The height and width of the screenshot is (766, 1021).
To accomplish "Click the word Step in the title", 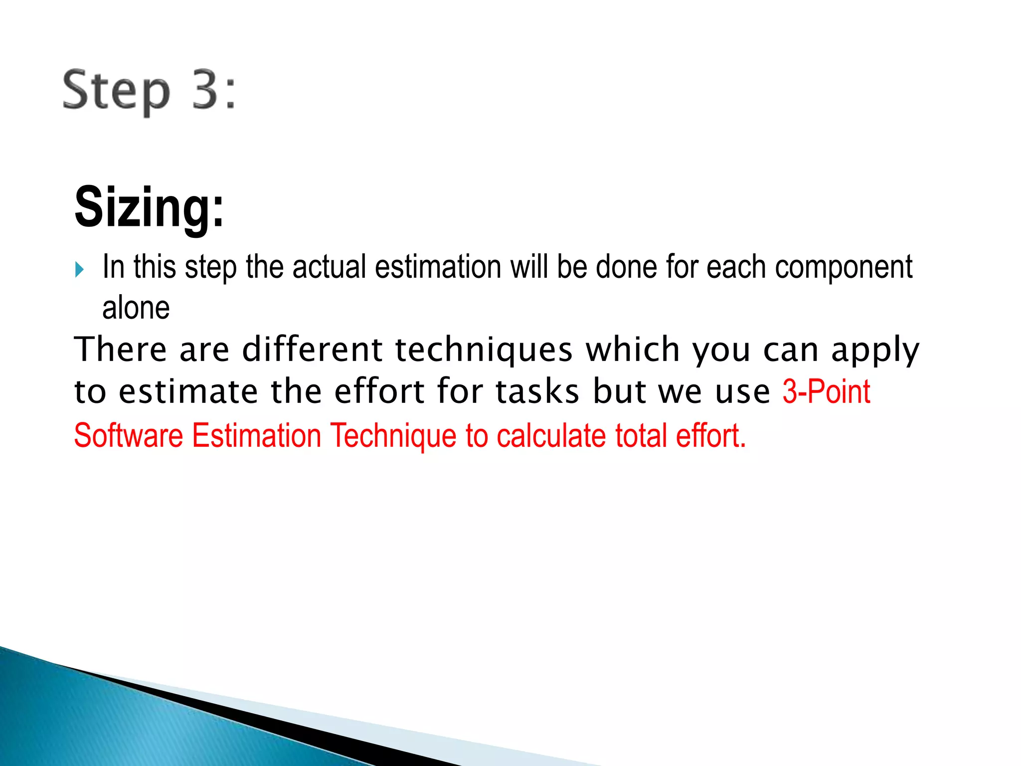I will (116, 91).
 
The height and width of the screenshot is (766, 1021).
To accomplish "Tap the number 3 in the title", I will (206, 90).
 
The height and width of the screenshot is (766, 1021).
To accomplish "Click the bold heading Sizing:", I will (149, 207).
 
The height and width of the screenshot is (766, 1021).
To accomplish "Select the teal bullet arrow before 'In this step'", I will (79, 270).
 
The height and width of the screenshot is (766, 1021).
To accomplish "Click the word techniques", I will (484, 350).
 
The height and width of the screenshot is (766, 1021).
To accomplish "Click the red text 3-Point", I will (826, 391).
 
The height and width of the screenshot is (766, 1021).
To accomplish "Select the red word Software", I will (129, 435).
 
